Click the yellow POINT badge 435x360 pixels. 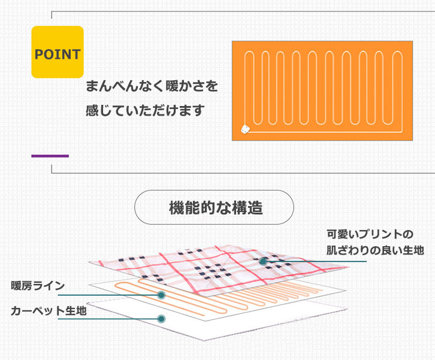[57, 52]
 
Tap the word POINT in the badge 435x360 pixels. [57, 55]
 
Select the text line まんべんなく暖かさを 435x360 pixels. [152, 86]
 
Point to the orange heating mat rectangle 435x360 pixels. [322, 90]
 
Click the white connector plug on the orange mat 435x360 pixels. [244, 128]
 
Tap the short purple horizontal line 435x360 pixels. [50, 156]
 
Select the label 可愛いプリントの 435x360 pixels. [370, 234]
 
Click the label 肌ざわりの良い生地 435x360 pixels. [374, 250]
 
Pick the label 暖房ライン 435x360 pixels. [38, 286]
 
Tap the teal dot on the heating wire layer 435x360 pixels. [161, 295]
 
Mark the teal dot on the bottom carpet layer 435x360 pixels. [161, 319]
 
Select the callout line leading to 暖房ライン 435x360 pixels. [108, 295]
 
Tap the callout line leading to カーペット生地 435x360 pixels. [108, 319]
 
